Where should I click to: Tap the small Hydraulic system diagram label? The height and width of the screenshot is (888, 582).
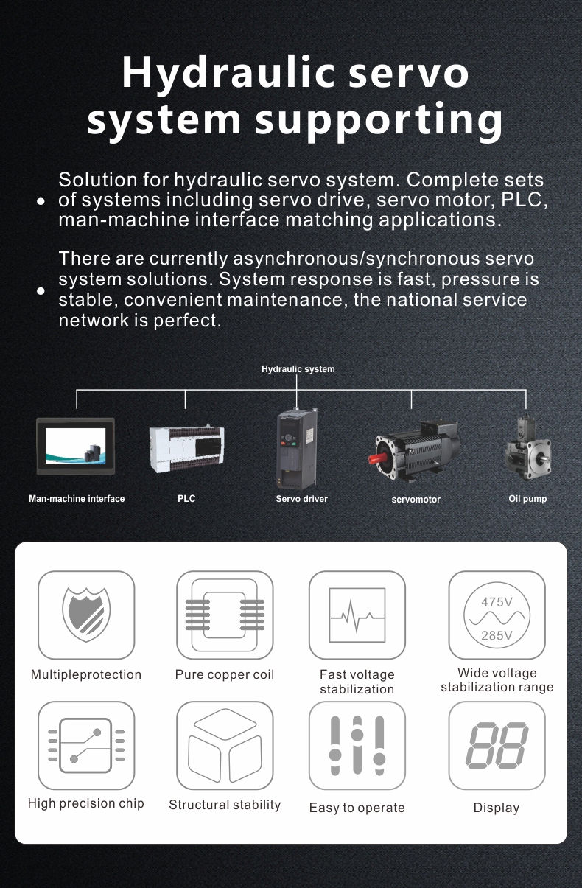point(298,369)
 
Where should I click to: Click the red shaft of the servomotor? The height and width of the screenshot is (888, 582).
point(378,460)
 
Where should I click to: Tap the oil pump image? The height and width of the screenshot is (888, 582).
point(527,450)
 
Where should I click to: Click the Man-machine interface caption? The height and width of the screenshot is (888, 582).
point(77,499)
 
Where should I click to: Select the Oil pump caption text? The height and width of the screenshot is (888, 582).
point(527,499)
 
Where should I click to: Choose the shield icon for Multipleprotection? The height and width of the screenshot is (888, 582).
point(86,615)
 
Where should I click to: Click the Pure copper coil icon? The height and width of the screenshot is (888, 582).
point(225,615)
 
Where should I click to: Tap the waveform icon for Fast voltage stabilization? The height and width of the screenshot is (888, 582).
point(357,615)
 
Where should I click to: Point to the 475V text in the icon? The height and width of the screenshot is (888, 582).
point(497,602)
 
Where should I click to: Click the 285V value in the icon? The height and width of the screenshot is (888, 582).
point(497,635)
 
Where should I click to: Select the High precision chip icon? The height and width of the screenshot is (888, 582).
point(86,745)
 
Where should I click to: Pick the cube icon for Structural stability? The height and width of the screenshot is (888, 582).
point(225,745)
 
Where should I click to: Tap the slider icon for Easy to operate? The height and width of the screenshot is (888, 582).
point(357,745)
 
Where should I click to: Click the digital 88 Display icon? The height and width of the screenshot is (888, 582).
point(497,745)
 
